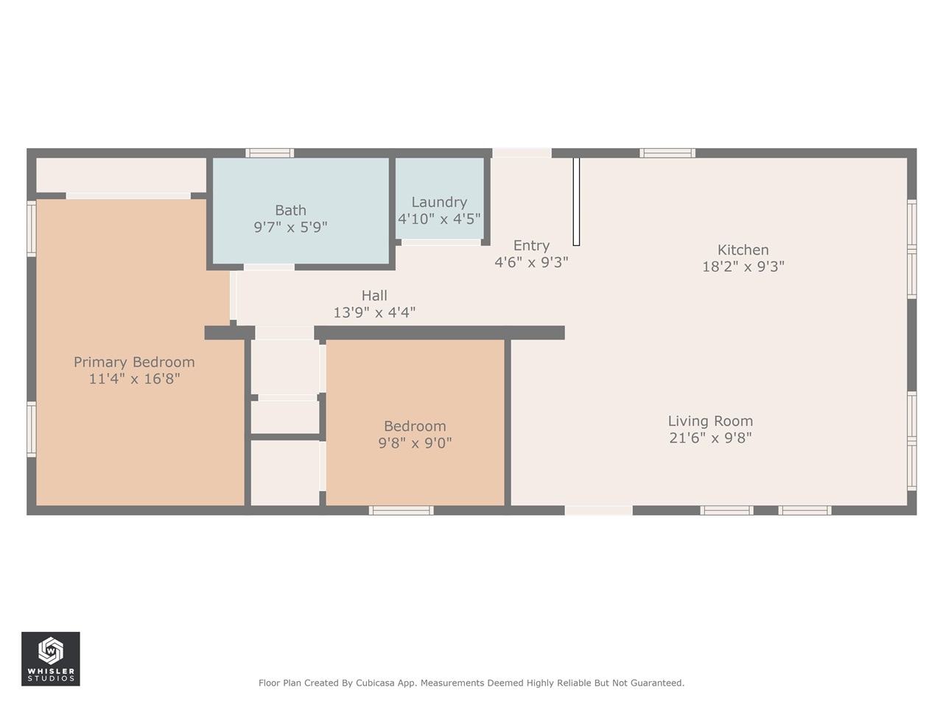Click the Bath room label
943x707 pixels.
coord(290,211)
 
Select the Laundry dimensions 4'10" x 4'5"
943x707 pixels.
coord(439,219)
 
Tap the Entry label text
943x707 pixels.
coord(531,245)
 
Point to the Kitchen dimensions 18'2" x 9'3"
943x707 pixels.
coord(743,267)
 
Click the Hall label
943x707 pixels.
coord(374,295)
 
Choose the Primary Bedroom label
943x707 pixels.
coord(134,362)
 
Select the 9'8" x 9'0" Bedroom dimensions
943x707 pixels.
coord(415,443)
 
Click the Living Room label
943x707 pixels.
coord(710,421)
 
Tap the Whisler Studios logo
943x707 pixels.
coord(51,658)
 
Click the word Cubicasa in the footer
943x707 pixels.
coord(375,683)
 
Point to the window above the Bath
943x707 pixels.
coord(270,153)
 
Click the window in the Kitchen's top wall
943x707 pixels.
coord(667,153)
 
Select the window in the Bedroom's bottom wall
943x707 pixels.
coord(402,510)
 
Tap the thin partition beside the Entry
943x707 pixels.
coord(576,201)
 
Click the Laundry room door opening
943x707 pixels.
coord(441,242)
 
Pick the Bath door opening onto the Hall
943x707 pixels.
coord(270,267)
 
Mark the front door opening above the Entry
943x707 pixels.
coord(522,153)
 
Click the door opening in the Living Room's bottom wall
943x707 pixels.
coord(598,510)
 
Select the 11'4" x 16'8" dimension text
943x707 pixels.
coord(134,379)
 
